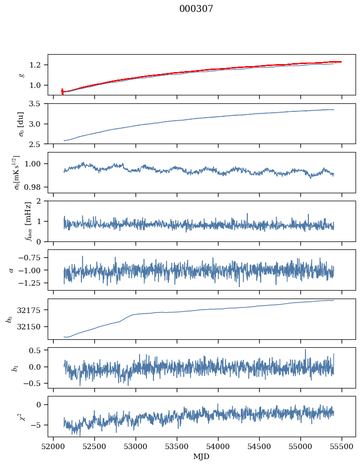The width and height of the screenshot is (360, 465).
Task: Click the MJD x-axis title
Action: click(202, 457)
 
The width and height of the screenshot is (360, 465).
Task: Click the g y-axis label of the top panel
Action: click(21, 75)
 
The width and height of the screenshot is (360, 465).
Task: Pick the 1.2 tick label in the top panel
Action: click(38, 65)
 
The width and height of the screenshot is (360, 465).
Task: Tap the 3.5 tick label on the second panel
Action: click(38, 104)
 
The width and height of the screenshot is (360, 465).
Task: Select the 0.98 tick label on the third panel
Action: click(34, 187)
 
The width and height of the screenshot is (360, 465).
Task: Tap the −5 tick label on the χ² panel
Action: click(38, 425)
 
